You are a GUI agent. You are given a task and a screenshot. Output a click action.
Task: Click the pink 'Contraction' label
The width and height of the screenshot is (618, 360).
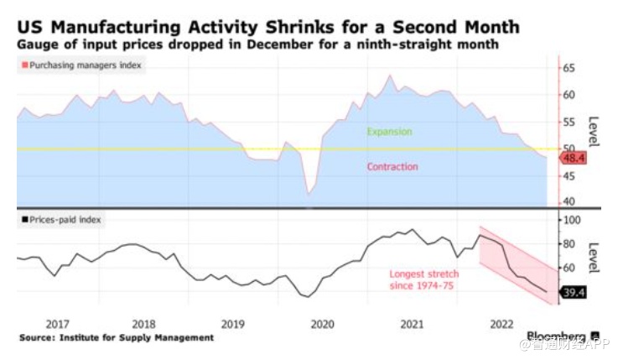click(392, 166)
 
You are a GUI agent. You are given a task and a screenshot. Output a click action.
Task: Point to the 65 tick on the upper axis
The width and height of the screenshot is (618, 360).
click(569, 68)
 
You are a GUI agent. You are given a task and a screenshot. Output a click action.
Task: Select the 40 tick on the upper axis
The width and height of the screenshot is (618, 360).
click(569, 201)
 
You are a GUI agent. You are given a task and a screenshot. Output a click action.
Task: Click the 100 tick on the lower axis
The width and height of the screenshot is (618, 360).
click(572, 220)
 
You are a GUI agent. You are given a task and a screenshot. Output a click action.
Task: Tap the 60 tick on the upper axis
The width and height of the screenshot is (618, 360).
click(569, 95)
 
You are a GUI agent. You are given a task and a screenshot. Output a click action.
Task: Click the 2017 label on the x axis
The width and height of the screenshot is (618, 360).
click(57, 323)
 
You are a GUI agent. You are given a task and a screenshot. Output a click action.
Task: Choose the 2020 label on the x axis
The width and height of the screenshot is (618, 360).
click(321, 323)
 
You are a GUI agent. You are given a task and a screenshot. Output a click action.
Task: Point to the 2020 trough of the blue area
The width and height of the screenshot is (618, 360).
click(309, 194)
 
